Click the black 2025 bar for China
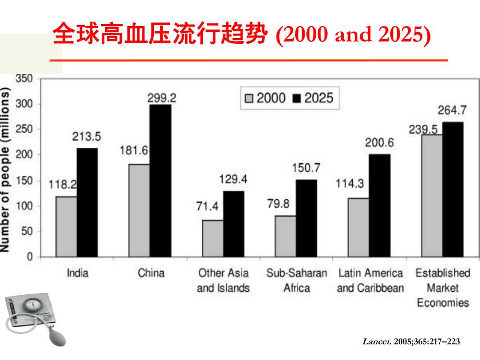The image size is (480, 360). click(160, 181)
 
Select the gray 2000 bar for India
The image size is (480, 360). click(66, 226)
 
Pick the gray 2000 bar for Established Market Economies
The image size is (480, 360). click(432, 196)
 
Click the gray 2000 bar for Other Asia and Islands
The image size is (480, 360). click(213, 238)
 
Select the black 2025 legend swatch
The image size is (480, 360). click(298, 98)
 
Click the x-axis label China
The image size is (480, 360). click(151, 273)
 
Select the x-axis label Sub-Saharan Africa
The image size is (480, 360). click(296, 280)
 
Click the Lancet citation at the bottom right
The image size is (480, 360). click(412, 342)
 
